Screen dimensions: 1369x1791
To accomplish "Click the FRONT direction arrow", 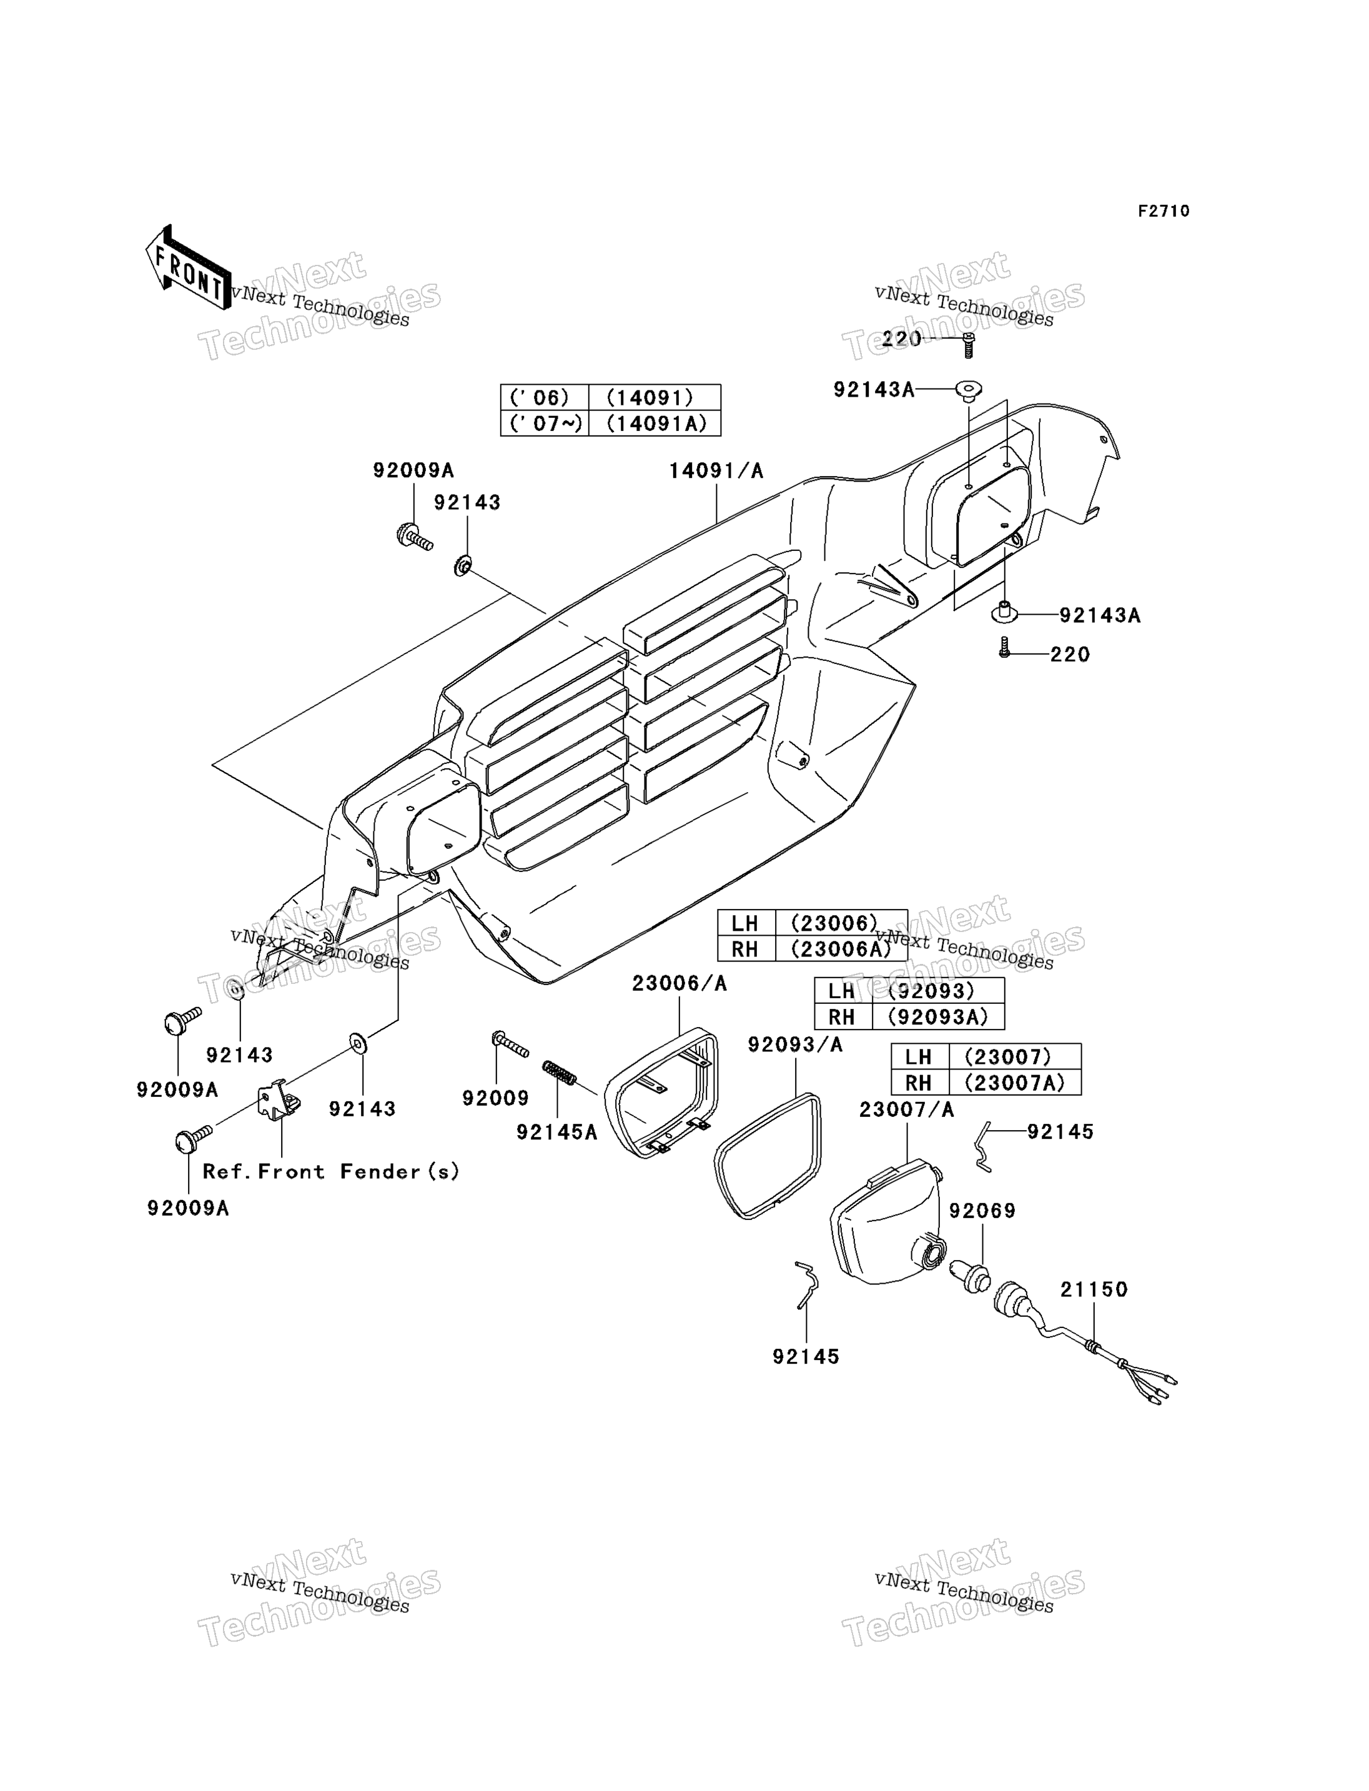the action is [188, 268].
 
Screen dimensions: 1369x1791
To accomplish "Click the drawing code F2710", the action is [1164, 211].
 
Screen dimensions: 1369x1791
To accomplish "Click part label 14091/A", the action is [716, 471].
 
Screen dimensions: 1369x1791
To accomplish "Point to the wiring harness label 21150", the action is [1094, 1289].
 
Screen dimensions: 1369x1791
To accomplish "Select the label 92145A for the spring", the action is [556, 1133].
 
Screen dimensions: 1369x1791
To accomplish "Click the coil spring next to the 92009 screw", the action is [560, 1073].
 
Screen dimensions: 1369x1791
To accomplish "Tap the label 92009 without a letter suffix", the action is [495, 1098].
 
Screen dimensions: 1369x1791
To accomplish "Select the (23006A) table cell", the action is [841, 949].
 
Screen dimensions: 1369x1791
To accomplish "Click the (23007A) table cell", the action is [1014, 1082].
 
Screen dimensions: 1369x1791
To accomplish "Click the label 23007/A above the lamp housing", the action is [906, 1109].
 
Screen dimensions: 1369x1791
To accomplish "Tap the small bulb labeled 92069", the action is [971, 1278].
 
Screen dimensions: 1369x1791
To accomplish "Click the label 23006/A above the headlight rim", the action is [679, 984].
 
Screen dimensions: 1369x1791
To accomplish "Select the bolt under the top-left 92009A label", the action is [414, 537].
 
